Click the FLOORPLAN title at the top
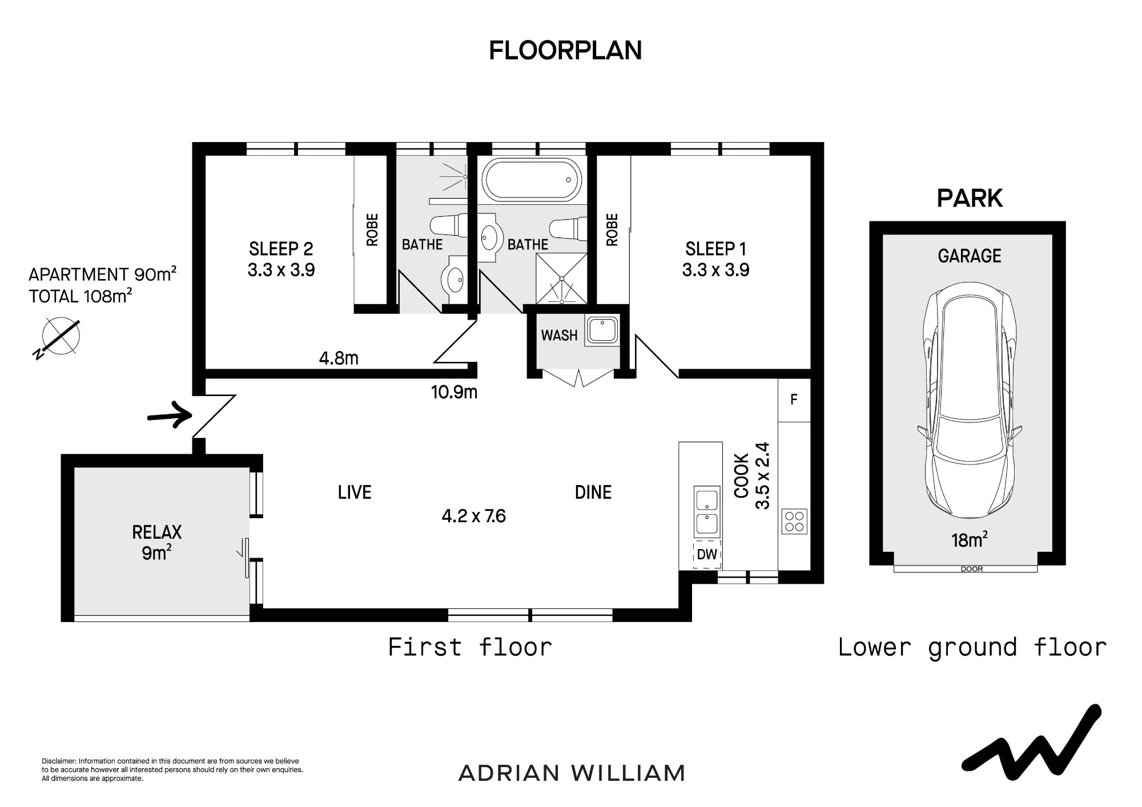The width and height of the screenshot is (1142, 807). click(x=565, y=50)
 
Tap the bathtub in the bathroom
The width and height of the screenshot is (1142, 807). click(x=532, y=179)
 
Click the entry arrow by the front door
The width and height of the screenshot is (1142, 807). click(x=170, y=415)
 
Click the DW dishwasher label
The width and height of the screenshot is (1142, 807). click(x=707, y=554)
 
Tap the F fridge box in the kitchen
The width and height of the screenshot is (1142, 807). click(x=794, y=400)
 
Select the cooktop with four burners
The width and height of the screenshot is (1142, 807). click(x=794, y=521)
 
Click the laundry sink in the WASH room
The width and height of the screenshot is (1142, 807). click(x=602, y=331)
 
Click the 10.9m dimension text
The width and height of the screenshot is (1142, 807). click(x=454, y=392)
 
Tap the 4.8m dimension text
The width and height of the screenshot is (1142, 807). click(x=339, y=358)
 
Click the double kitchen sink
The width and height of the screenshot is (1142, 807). click(x=707, y=512)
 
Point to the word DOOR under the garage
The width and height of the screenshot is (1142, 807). click(x=972, y=569)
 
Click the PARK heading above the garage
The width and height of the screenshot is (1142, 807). click(x=970, y=199)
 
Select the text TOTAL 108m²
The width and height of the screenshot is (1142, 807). click(x=81, y=296)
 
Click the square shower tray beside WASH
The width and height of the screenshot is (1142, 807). click(x=561, y=279)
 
